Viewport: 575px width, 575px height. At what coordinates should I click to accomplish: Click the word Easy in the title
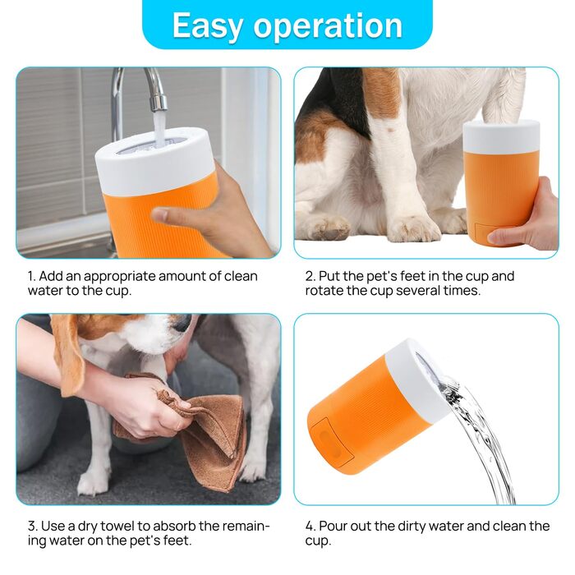pos(207,25)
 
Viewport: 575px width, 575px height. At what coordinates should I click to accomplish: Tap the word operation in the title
pos(328,26)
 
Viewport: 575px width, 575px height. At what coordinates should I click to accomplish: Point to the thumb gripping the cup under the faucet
pos(172,215)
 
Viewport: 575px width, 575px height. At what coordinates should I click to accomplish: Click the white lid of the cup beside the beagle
pos(501,136)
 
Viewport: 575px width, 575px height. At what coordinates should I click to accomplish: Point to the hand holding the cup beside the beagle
pos(528,220)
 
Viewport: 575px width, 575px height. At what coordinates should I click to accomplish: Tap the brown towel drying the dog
pos(198,429)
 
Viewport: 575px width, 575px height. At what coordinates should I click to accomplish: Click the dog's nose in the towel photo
pos(182,324)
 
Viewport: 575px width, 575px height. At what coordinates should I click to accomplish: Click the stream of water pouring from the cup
pos(476,436)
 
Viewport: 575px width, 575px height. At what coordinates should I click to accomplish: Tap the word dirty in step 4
pos(408,527)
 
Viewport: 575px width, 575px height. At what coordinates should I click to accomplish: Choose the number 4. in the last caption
pos(310,526)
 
